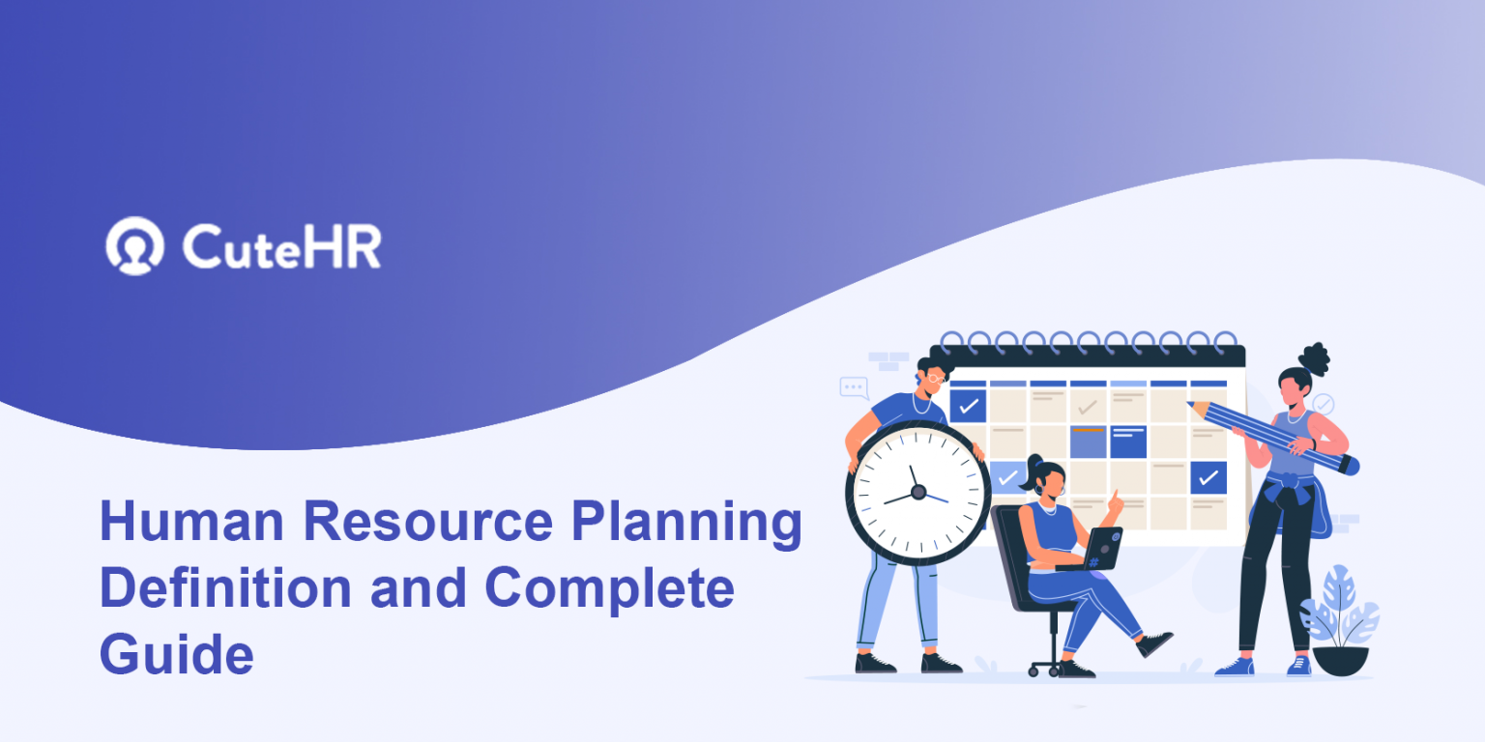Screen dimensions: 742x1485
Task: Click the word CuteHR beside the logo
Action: (281, 246)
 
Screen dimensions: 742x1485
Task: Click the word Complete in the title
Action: (609, 588)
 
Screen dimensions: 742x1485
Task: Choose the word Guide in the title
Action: (176, 654)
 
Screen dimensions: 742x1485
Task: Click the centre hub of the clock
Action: (917, 492)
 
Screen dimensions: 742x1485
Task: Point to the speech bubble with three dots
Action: (854, 387)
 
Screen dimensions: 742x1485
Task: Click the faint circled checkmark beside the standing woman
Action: (1323, 404)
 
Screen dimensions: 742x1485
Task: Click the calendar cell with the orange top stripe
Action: (1088, 442)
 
